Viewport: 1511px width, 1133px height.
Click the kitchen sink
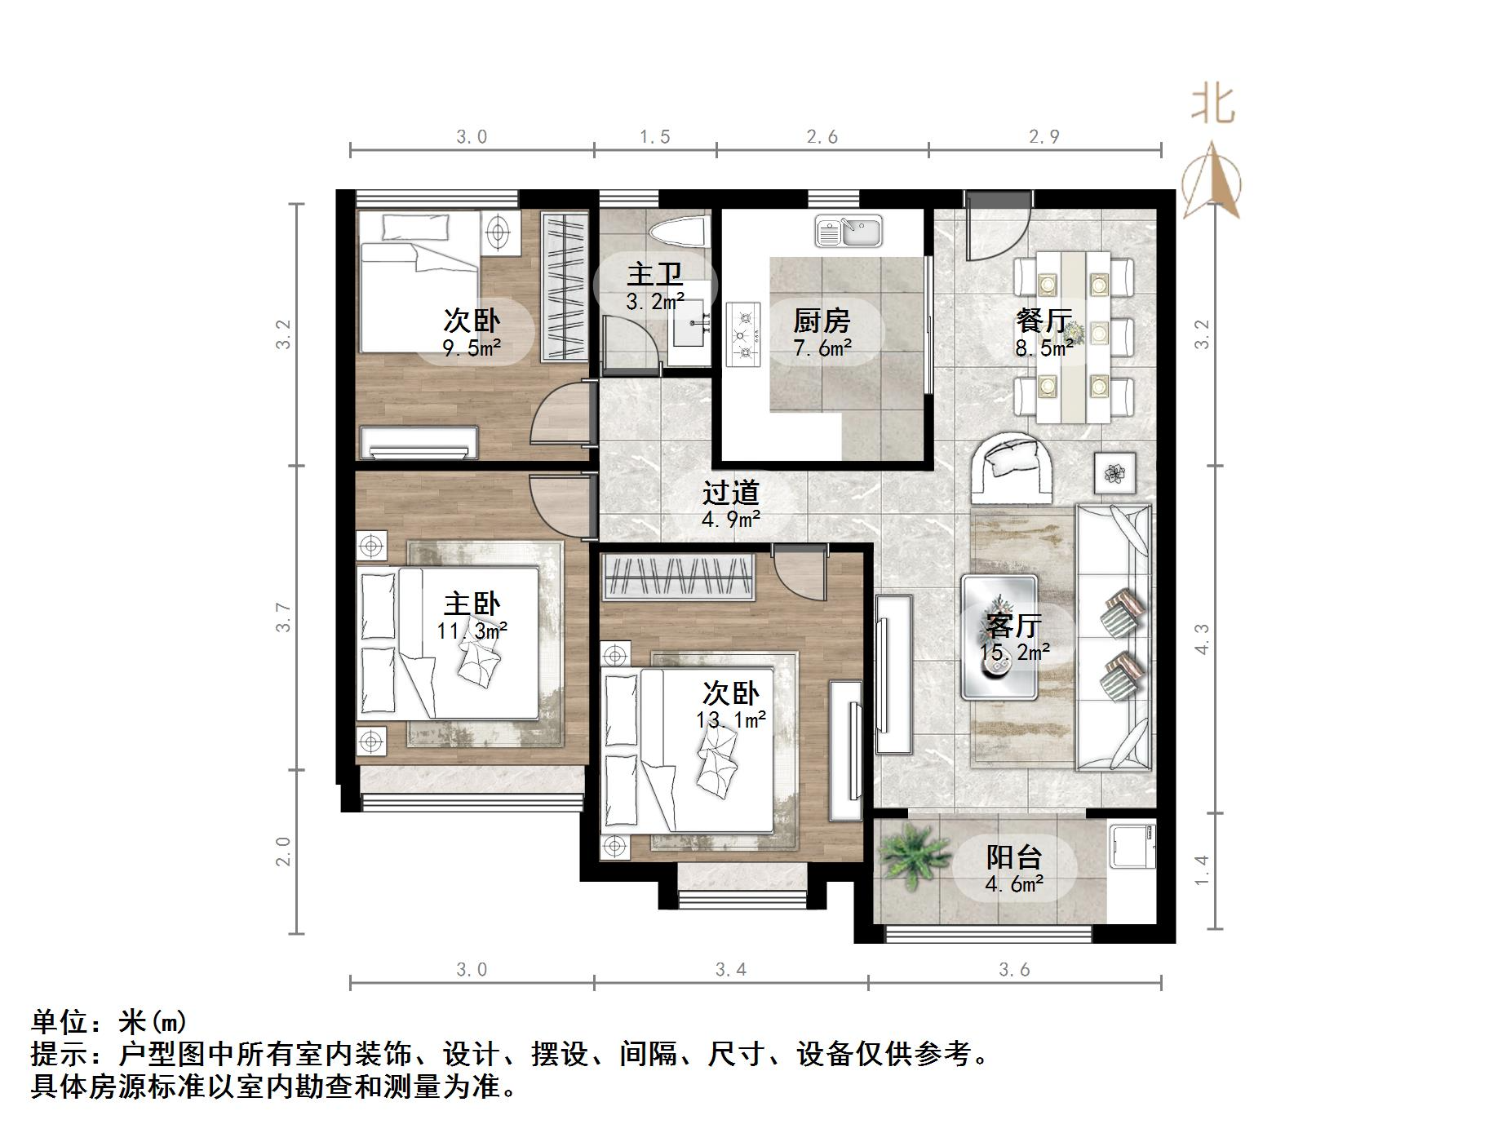849,232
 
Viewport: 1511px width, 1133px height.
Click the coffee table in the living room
999,638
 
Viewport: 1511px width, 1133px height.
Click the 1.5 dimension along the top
654,137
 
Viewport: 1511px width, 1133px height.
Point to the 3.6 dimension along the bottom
1014,969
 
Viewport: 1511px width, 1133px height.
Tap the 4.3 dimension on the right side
1201,639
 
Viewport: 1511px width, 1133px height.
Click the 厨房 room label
822,321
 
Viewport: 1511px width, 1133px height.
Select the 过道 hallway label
731,492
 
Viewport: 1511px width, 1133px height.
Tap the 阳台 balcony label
1014,856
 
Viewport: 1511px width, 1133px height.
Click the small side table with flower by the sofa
1114,471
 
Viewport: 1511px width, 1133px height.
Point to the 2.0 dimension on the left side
283,852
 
